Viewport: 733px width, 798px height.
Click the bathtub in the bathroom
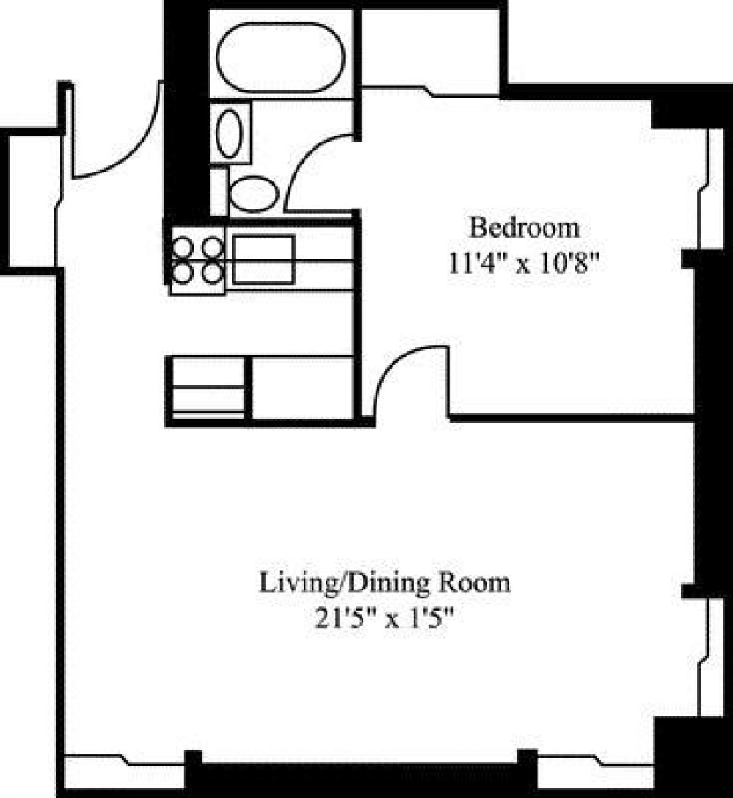tap(280, 57)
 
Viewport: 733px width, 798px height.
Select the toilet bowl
tap(252, 193)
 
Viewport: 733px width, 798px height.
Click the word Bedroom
tap(524, 228)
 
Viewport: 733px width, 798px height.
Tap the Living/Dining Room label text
tap(385, 582)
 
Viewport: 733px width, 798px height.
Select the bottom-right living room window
tap(596, 769)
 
